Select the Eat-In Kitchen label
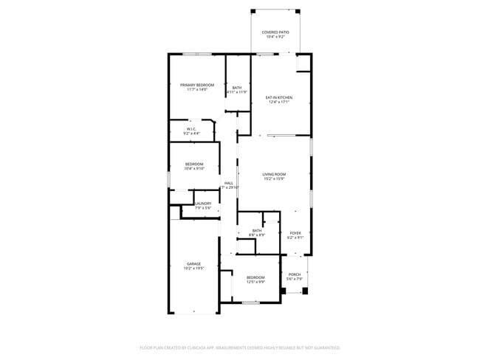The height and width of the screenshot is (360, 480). [x=279, y=97]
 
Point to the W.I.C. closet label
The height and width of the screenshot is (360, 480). [x=191, y=128]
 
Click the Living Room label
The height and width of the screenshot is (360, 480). [x=274, y=174]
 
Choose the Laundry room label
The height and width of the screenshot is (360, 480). [x=203, y=204]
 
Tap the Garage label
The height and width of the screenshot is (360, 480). [x=193, y=263]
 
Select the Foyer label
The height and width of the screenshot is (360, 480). [x=295, y=233]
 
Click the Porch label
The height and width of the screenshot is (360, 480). [x=294, y=274]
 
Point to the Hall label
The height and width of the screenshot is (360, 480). [x=229, y=183]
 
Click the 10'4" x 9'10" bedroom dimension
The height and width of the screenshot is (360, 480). [x=194, y=168]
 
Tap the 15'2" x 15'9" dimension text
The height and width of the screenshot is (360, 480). [x=274, y=179]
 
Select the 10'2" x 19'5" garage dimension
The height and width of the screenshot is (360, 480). [x=193, y=269]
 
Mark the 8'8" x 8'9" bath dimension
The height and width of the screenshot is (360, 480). [x=257, y=235]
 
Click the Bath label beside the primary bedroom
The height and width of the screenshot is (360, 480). [x=237, y=88]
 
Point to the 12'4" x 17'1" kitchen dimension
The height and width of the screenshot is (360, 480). [x=279, y=102]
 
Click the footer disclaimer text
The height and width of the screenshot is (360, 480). [x=240, y=347]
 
